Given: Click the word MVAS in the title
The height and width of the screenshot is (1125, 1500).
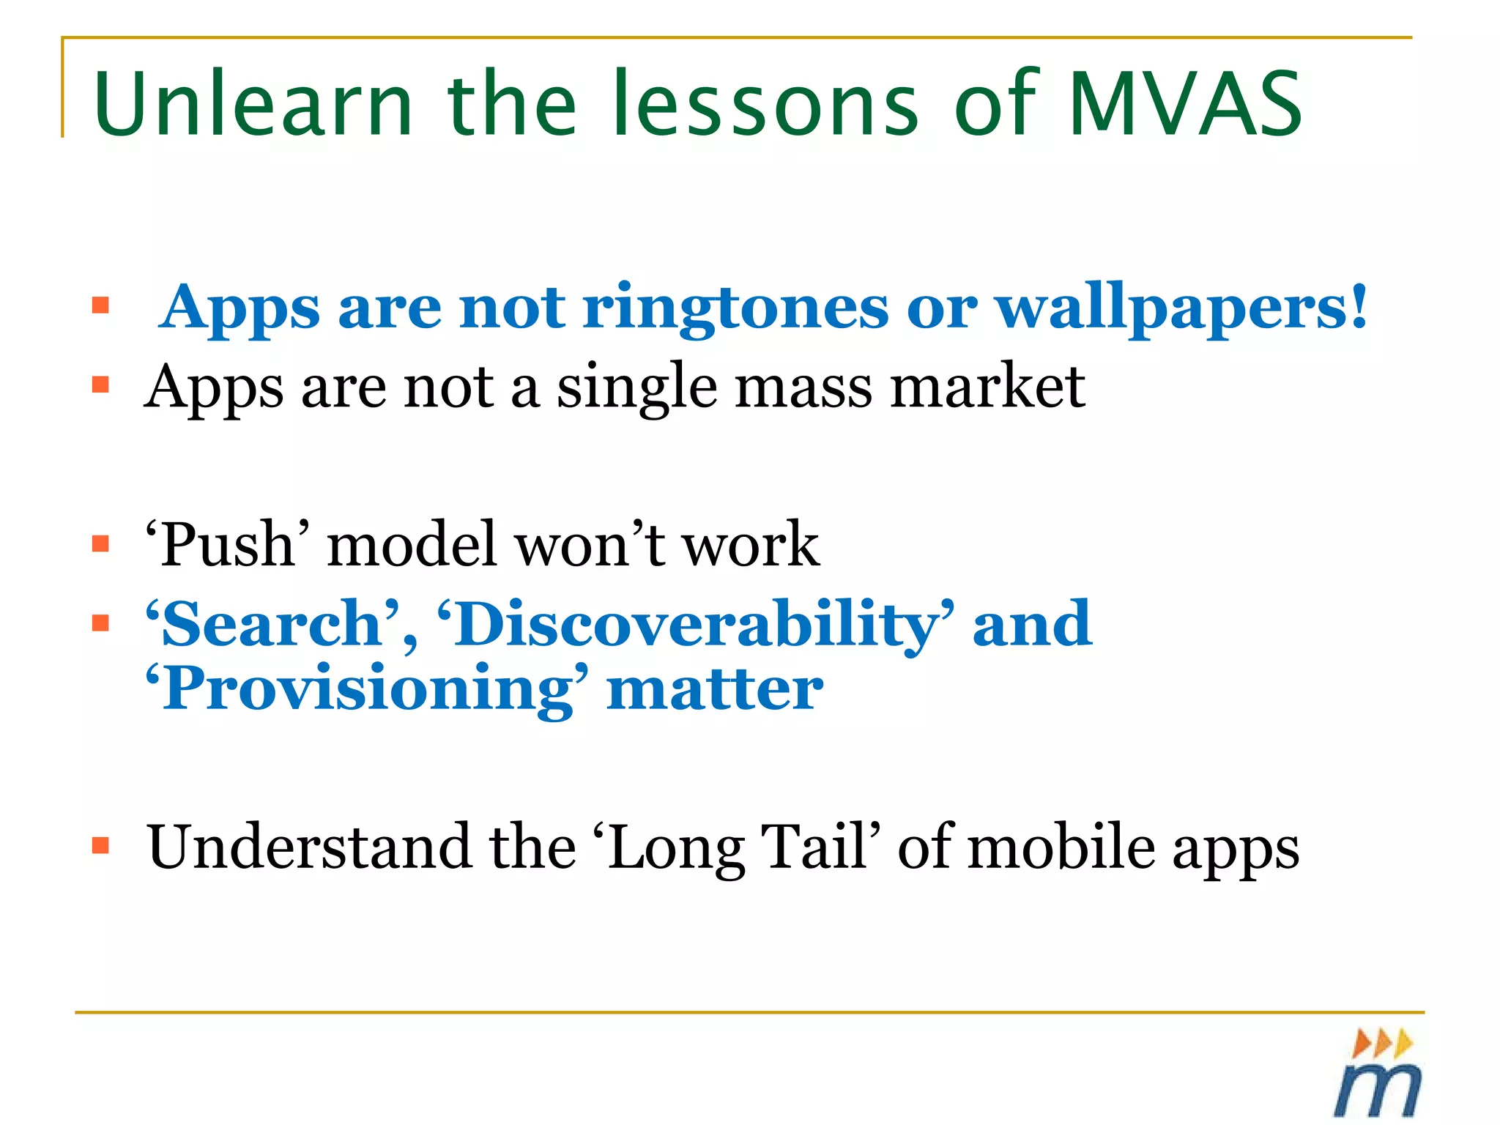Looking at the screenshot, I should [x=1185, y=104].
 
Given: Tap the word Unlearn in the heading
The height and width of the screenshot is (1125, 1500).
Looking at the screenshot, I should [x=253, y=104].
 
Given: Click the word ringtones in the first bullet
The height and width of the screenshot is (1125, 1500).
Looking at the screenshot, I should [x=735, y=308].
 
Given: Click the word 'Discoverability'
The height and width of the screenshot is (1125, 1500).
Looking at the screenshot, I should [x=696, y=624].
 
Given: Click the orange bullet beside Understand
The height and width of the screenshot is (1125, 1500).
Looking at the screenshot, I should [x=100, y=846].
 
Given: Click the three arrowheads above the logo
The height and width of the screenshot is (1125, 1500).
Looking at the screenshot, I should [x=1381, y=1042].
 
